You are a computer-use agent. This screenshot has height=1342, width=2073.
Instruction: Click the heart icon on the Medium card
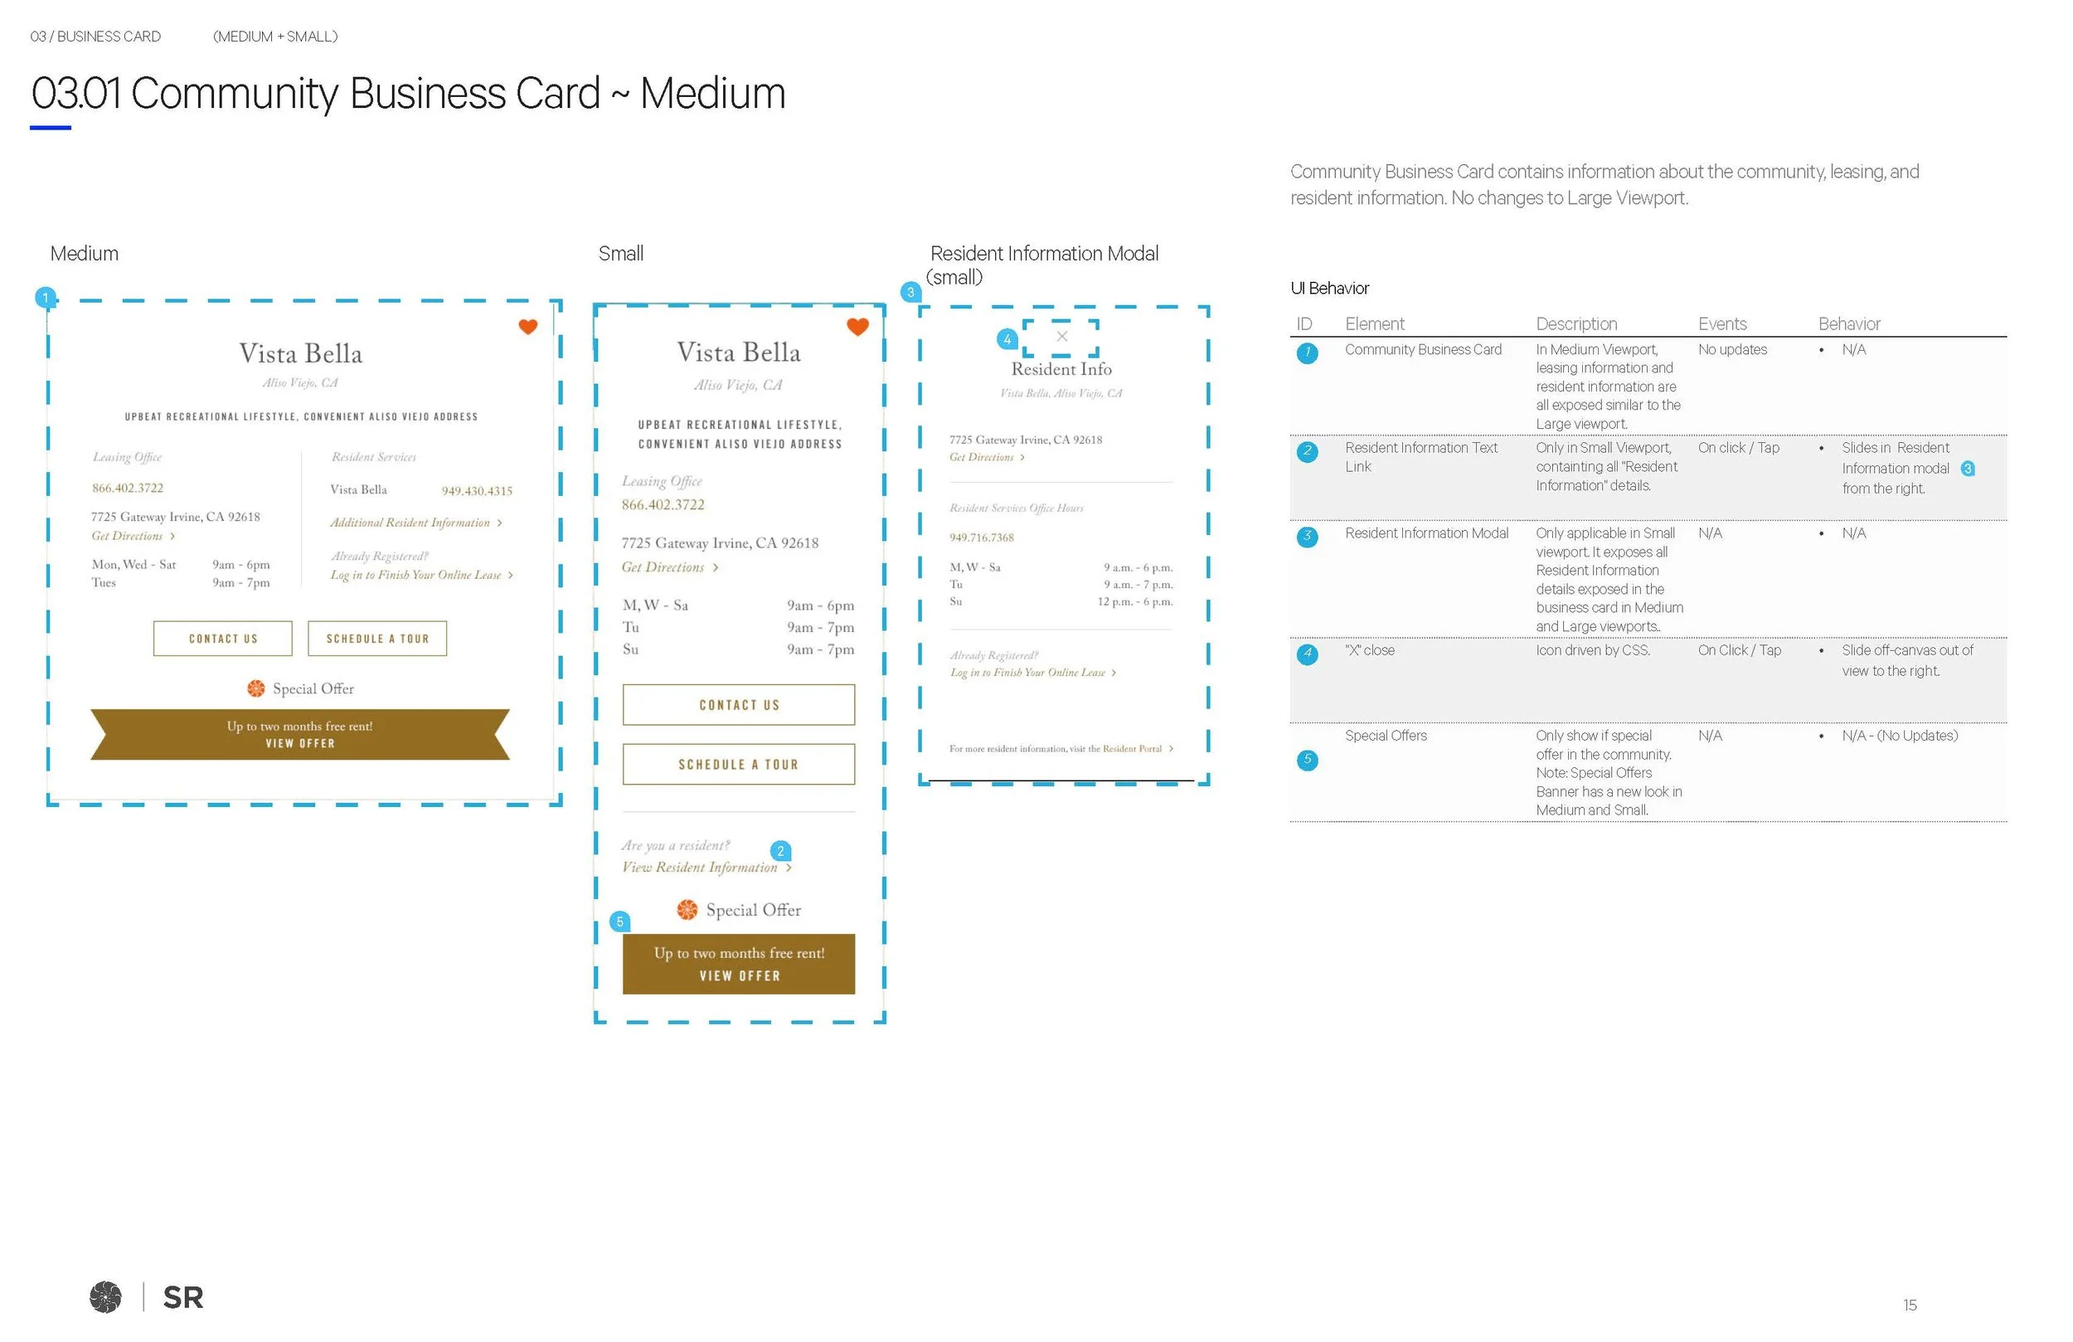[x=528, y=327]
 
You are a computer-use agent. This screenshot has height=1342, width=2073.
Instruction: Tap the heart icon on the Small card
[x=858, y=327]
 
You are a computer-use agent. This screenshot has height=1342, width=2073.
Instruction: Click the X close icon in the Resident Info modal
[x=1061, y=337]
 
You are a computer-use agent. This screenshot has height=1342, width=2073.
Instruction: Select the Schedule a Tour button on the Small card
[x=739, y=764]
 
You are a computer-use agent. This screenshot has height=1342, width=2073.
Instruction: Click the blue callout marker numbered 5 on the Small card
[x=620, y=922]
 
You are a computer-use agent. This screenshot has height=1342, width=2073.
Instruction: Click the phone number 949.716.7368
[x=982, y=537]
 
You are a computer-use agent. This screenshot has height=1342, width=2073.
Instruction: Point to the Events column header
[x=1722, y=324]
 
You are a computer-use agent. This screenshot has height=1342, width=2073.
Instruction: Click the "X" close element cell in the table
[x=1369, y=651]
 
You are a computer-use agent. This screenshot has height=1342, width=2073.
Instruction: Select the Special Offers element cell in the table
[x=1386, y=737]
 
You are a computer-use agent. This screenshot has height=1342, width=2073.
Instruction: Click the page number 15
[x=1910, y=1306]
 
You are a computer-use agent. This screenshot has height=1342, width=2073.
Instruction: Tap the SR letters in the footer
[x=183, y=1297]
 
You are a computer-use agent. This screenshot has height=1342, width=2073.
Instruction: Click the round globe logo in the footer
[x=105, y=1296]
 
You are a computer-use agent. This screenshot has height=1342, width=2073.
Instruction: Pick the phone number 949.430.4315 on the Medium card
[x=477, y=492]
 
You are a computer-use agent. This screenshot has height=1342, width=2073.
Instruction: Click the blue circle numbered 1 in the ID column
[x=1307, y=353]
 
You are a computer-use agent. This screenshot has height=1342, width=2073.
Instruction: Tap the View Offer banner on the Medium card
[x=299, y=735]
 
